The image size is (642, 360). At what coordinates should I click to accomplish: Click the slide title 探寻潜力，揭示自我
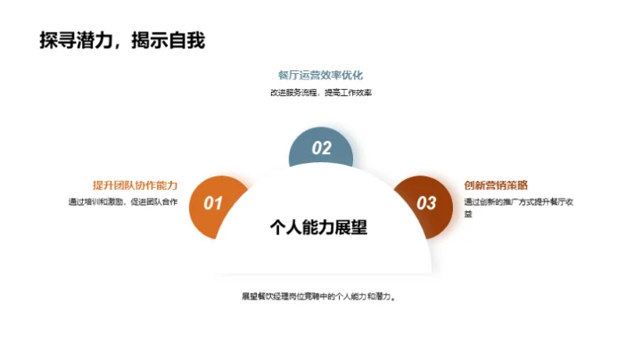click(x=122, y=41)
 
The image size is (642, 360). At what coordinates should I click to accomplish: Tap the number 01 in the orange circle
click(x=213, y=203)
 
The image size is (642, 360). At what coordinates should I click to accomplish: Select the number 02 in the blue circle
click(x=321, y=149)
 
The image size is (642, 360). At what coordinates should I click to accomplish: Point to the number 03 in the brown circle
click(x=427, y=203)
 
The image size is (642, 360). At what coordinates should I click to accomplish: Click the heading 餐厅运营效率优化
click(x=320, y=75)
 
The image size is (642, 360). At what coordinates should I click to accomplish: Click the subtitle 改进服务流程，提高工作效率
click(x=320, y=92)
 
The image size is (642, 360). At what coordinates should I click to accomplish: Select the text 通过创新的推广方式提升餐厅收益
click(x=517, y=202)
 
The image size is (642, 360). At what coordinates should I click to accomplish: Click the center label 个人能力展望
click(x=318, y=226)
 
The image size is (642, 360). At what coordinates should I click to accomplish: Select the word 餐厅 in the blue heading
click(x=287, y=75)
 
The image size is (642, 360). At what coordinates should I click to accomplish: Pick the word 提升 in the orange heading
click(x=103, y=185)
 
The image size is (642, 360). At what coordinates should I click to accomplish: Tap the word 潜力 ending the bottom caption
click(x=382, y=297)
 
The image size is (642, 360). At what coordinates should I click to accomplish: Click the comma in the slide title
click(x=118, y=45)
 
